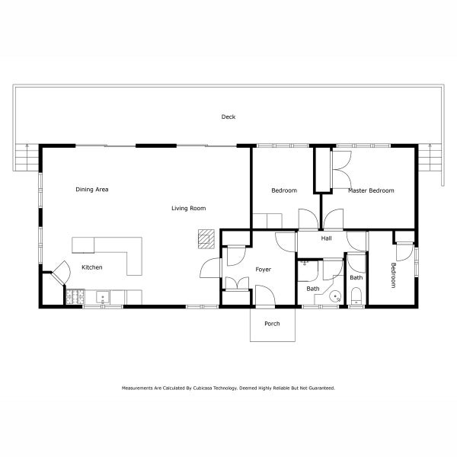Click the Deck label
[x=228, y=117]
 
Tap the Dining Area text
[x=91, y=189]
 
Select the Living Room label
[x=188, y=208]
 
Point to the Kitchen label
[x=92, y=267]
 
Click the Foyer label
[x=263, y=269]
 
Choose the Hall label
[x=326, y=238]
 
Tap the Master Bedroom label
[x=371, y=190]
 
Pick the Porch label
[x=272, y=324]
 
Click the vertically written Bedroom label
[x=394, y=275]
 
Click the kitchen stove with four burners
[x=75, y=296]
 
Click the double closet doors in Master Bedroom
[x=340, y=165]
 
